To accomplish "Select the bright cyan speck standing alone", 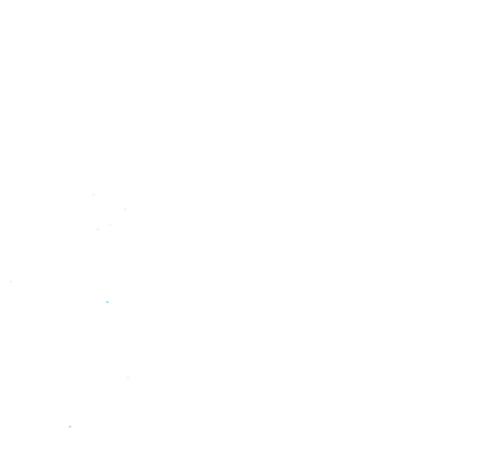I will coord(107,302).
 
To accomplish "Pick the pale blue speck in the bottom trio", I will coord(70,427).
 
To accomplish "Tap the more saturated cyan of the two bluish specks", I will coord(107,302).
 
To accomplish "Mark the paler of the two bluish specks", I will coord(70,427).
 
